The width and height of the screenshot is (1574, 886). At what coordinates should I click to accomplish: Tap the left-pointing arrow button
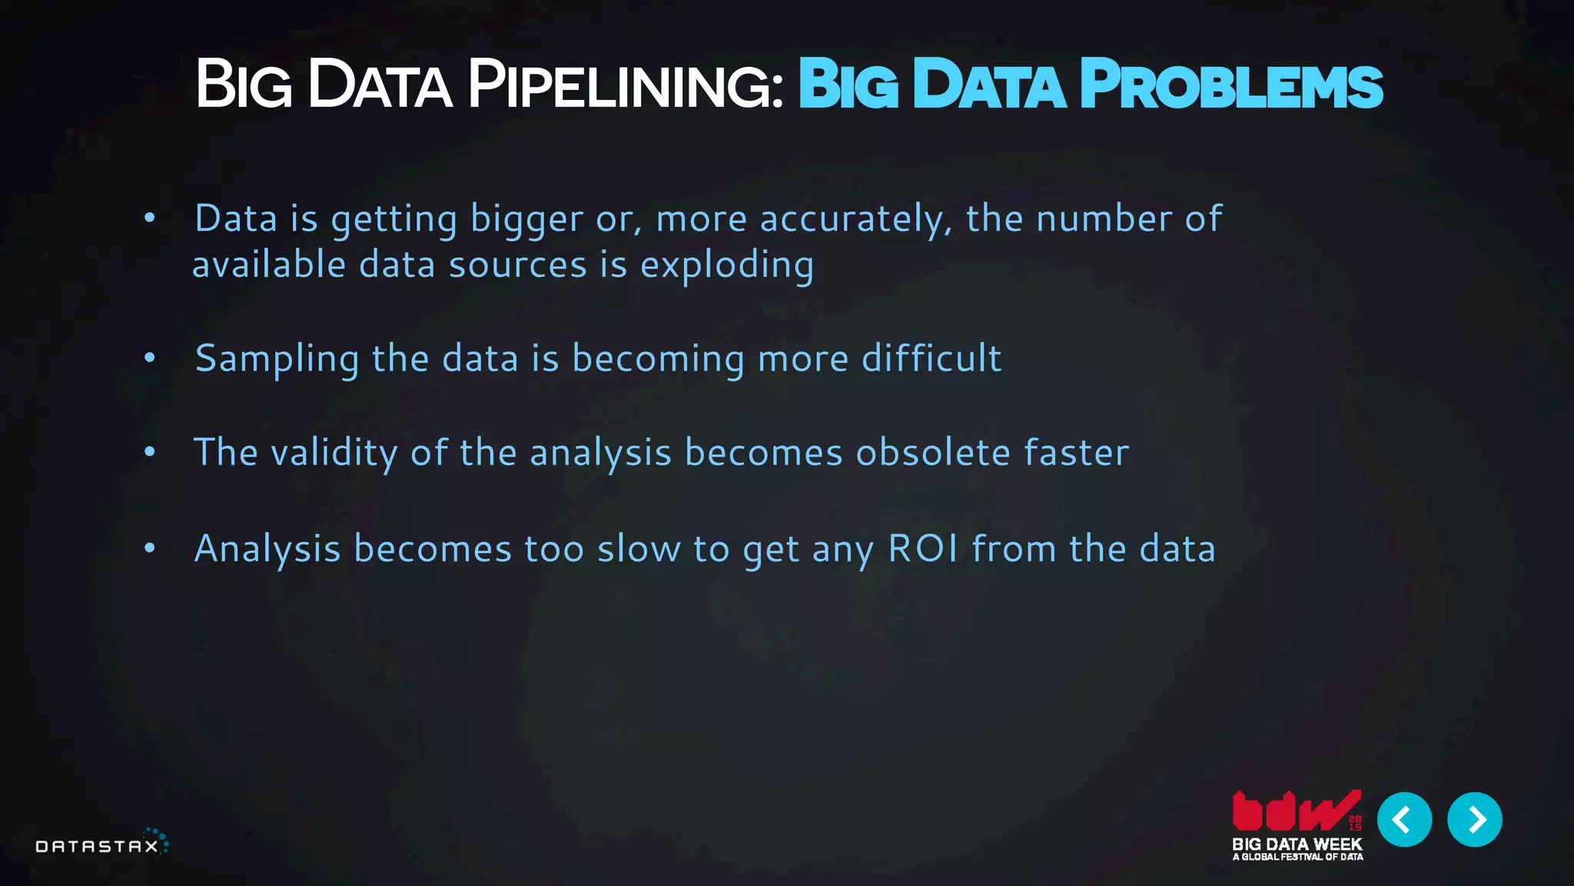[1404, 820]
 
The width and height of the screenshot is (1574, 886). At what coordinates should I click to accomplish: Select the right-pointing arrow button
[1474, 820]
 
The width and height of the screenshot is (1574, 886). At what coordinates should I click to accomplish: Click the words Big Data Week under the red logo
[1297, 844]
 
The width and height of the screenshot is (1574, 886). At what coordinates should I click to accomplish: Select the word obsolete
[933, 452]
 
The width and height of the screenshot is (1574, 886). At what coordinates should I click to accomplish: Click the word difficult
[931, 358]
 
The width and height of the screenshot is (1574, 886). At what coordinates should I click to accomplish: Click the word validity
[334, 452]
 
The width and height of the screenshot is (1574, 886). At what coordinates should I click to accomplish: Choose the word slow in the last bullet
[639, 549]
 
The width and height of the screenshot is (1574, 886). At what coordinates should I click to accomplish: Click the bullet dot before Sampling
[150, 358]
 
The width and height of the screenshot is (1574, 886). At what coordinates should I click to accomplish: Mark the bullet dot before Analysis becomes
[150, 548]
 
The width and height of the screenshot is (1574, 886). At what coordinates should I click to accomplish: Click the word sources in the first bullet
[518, 265]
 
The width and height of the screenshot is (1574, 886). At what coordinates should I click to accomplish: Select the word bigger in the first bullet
[526, 219]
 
